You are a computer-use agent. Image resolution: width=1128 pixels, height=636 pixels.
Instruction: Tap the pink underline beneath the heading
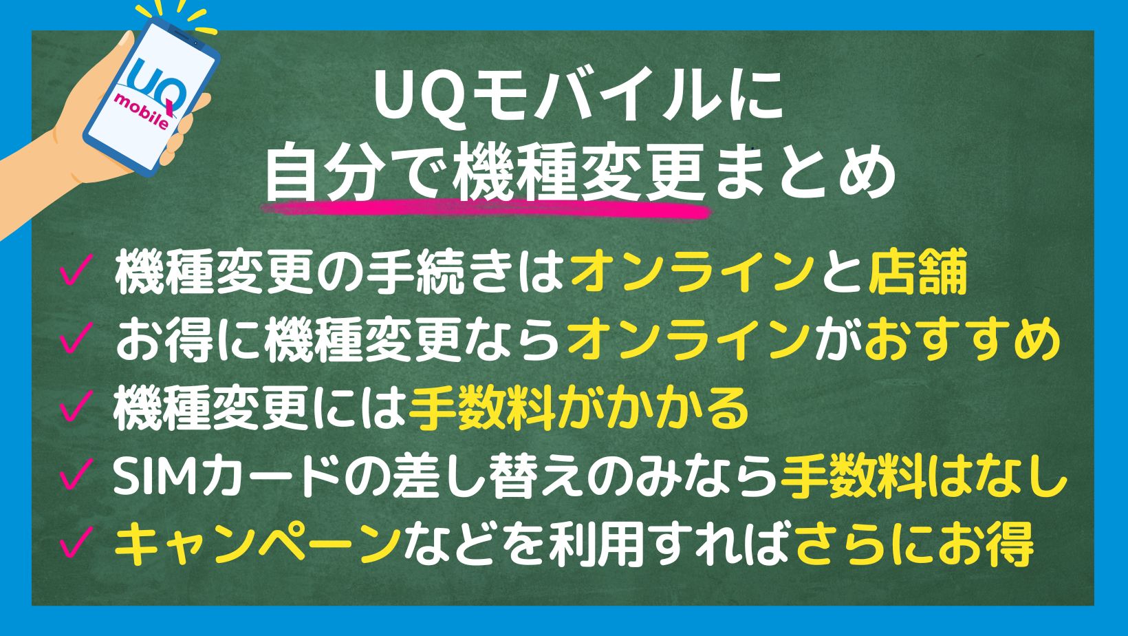486,209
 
